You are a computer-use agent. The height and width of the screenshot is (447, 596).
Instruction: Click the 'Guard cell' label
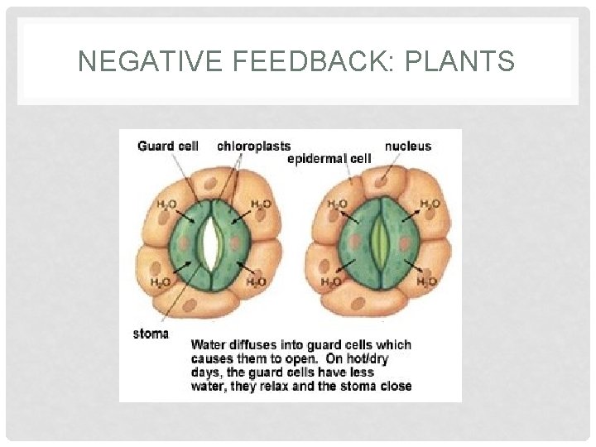pos(168,147)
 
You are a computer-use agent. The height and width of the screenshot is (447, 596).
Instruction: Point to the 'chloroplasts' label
pos(253,147)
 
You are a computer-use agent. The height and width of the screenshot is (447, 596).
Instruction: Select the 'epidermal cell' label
pos(329,158)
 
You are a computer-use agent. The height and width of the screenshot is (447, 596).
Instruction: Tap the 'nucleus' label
pos(407,147)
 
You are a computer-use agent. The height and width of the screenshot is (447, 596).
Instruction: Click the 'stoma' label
pos(151,334)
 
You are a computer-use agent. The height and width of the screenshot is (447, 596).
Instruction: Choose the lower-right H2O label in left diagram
pos(257,282)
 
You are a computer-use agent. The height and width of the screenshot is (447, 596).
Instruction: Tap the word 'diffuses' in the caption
pos(255,345)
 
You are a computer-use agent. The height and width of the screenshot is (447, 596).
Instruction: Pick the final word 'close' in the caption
pos(394,385)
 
